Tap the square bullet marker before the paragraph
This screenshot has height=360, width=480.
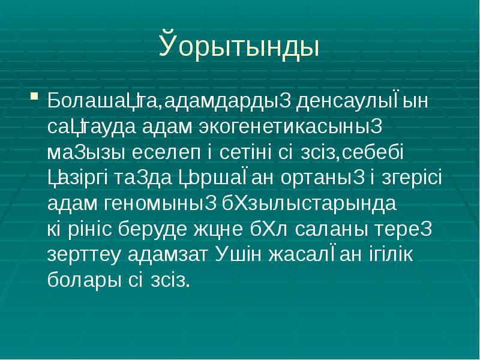point(34,95)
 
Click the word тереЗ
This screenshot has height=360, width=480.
point(408,229)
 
